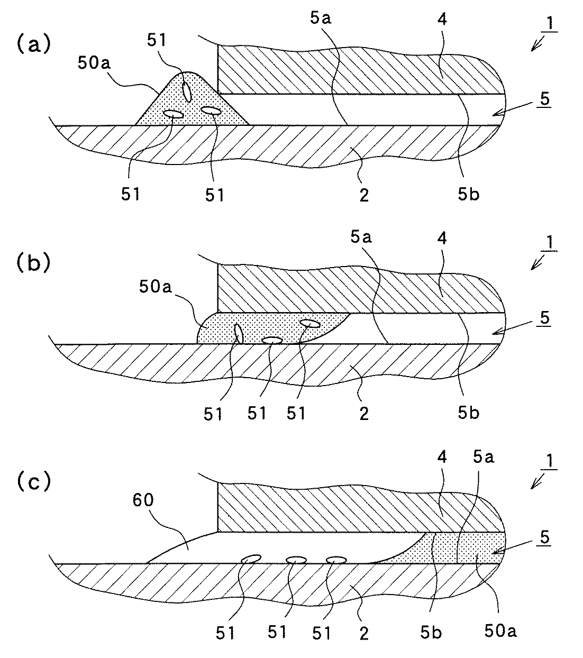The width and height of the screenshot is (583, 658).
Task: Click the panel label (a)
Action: tap(34, 44)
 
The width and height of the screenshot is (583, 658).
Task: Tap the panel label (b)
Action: tap(34, 263)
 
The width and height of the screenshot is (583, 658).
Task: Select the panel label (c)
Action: tap(34, 482)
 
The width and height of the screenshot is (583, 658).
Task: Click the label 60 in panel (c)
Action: tap(143, 500)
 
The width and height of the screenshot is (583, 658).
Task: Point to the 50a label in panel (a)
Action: tap(94, 63)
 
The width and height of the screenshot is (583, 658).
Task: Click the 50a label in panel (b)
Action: tap(155, 287)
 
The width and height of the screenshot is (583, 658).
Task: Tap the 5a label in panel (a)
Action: tap(320, 18)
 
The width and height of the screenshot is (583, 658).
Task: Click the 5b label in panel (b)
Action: tap(468, 413)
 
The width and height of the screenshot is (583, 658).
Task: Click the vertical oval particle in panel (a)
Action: tap(187, 92)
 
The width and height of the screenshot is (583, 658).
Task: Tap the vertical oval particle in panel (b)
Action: tap(239, 334)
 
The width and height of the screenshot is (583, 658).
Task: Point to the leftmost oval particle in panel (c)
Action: tap(251, 559)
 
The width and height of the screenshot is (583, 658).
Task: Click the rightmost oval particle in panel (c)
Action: tap(336, 560)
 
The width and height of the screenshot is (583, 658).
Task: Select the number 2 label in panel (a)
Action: tap(364, 196)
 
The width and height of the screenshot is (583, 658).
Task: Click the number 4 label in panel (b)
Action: tap(442, 238)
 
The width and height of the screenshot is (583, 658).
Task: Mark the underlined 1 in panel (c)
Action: tap(550, 461)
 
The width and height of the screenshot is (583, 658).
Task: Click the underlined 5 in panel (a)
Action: tap(545, 99)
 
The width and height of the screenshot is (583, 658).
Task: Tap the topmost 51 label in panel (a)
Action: tap(157, 40)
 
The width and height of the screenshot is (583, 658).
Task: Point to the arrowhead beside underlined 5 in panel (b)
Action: tap(497, 332)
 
